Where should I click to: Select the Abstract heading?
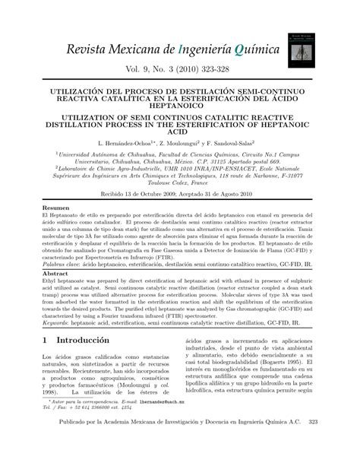click(x=55, y=273)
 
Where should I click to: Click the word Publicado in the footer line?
click(x=70, y=449)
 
